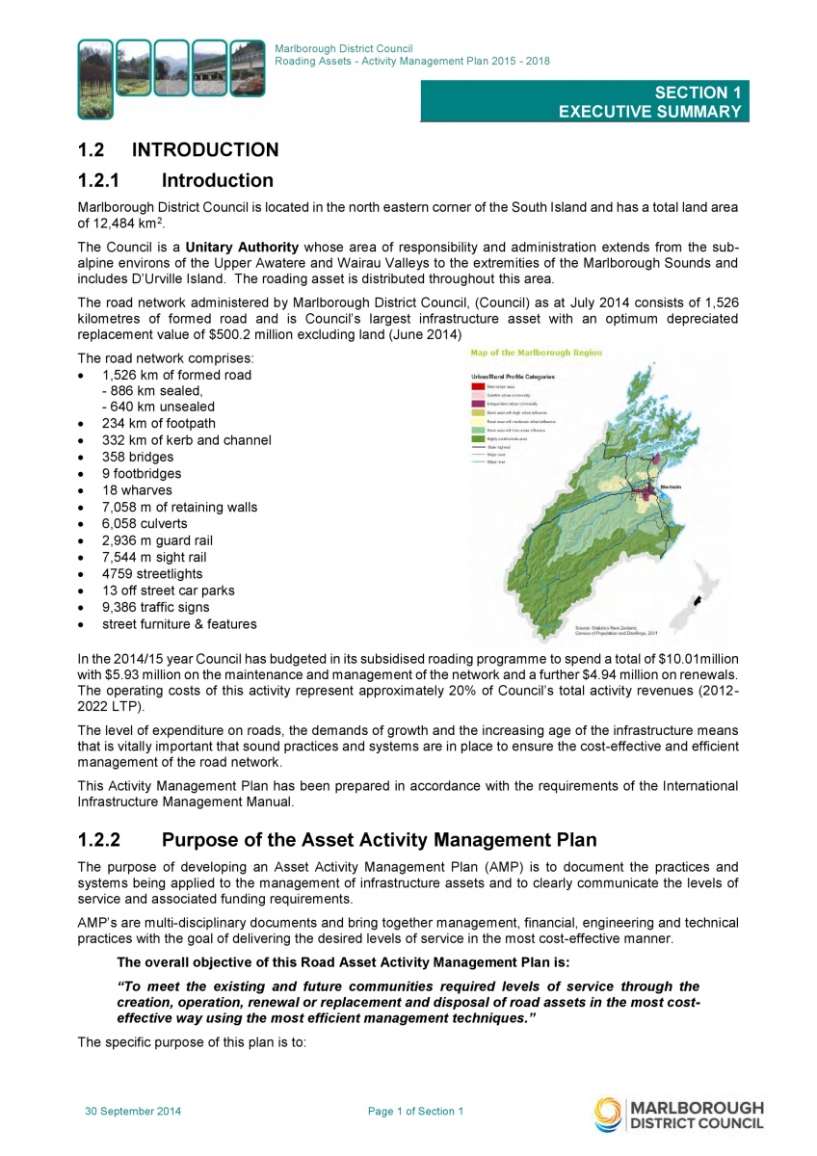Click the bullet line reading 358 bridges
tap(137, 457)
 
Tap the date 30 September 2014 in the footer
tap(133, 1112)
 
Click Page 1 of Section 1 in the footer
tap(415, 1112)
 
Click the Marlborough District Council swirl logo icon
tap(608, 1114)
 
